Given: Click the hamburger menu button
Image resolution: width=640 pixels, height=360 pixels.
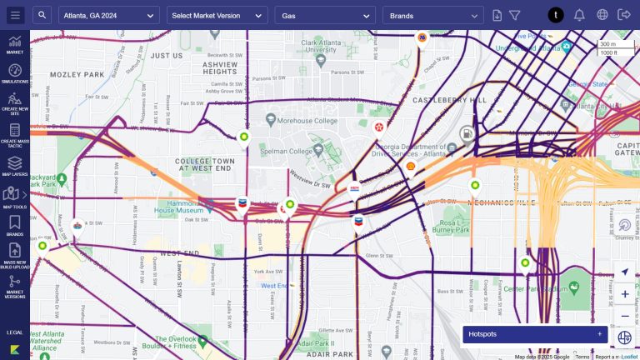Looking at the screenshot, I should (x=15, y=15).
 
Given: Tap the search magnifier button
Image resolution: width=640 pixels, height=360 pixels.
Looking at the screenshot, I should (x=43, y=15).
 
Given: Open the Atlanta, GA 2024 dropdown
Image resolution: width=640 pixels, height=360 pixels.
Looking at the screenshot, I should (x=108, y=15).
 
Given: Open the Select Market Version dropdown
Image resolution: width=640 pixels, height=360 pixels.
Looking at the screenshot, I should (x=217, y=15).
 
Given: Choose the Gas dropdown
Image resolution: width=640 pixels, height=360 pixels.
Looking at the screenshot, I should (x=325, y=15).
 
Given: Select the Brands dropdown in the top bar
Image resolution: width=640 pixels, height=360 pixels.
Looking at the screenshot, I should (x=432, y=15).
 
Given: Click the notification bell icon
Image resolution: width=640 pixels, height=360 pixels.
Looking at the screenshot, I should (x=579, y=15).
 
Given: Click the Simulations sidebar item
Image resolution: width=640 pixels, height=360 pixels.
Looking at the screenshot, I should (x=14, y=73).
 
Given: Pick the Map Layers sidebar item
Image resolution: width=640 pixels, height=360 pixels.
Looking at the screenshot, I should (x=14, y=166).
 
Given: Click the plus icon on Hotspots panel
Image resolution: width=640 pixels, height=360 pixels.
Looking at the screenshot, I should (x=599, y=334).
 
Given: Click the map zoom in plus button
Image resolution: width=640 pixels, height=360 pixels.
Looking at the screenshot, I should (x=625, y=293).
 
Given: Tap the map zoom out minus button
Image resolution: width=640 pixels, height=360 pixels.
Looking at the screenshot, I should (x=625, y=316).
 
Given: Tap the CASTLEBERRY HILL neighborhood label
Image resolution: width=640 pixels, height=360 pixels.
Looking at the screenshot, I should (x=455, y=100).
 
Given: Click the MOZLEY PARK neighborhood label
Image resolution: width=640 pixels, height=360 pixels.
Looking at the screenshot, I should (x=76, y=74).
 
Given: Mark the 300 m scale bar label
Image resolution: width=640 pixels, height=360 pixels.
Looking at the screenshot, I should (x=607, y=43).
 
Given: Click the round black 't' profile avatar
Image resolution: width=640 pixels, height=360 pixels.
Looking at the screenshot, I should (x=556, y=15).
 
